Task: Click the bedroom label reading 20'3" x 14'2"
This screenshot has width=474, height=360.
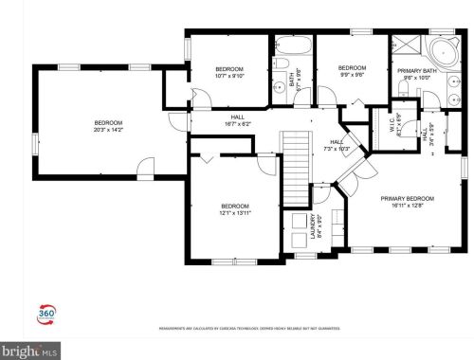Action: tap(108, 127)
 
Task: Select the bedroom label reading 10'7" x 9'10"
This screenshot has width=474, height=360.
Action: tap(229, 73)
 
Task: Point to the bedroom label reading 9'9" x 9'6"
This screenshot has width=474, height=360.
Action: tap(353, 71)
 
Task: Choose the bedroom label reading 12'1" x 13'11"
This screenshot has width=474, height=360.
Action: tap(235, 210)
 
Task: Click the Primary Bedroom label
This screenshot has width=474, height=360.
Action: tap(408, 203)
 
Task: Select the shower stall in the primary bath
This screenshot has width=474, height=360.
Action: tap(406, 46)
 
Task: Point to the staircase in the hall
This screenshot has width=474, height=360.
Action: tap(298, 166)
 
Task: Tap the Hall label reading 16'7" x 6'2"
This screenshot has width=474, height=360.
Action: tap(238, 121)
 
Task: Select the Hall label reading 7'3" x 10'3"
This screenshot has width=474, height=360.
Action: tap(337, 145)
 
